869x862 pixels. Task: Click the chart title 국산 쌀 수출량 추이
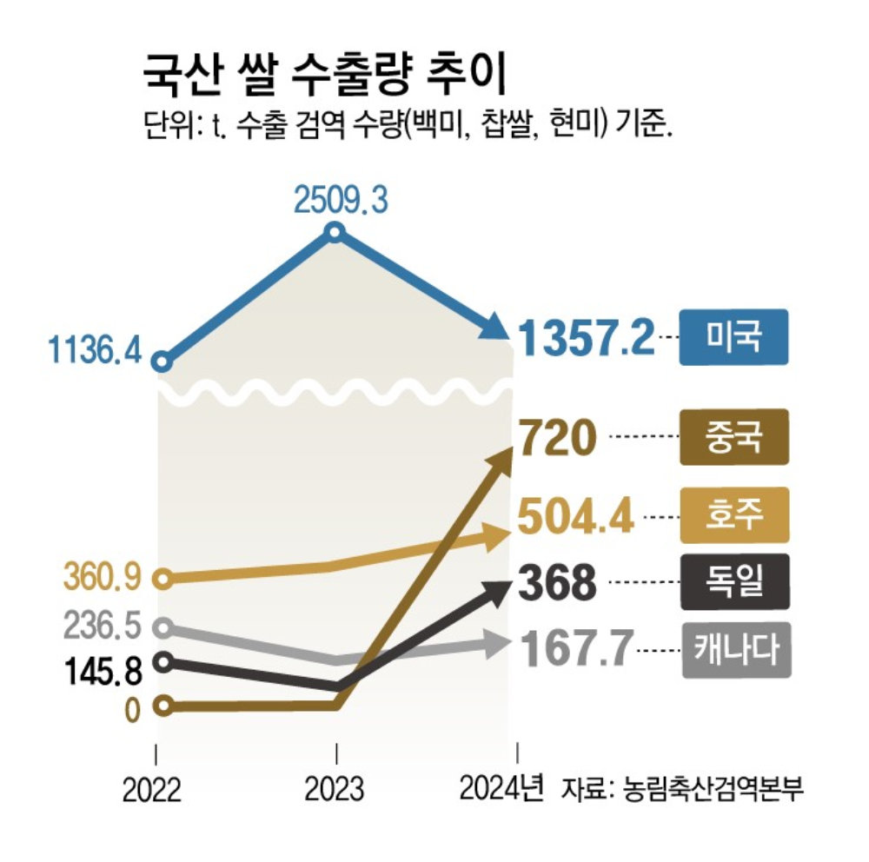click(324, 79)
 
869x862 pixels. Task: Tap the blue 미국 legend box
click(734, 336)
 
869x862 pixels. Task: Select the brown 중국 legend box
click(734, 436)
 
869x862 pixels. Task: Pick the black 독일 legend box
click(734, 580)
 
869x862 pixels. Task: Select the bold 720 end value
click(556, 439)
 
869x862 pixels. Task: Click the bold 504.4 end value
click(574, 514)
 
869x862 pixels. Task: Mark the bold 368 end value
click(557, 583)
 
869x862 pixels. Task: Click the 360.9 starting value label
click(103, 577)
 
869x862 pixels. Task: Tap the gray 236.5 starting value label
click(103, 625)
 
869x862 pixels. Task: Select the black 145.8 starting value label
click(102, 670)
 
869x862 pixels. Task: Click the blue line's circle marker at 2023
click(336, 232)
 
